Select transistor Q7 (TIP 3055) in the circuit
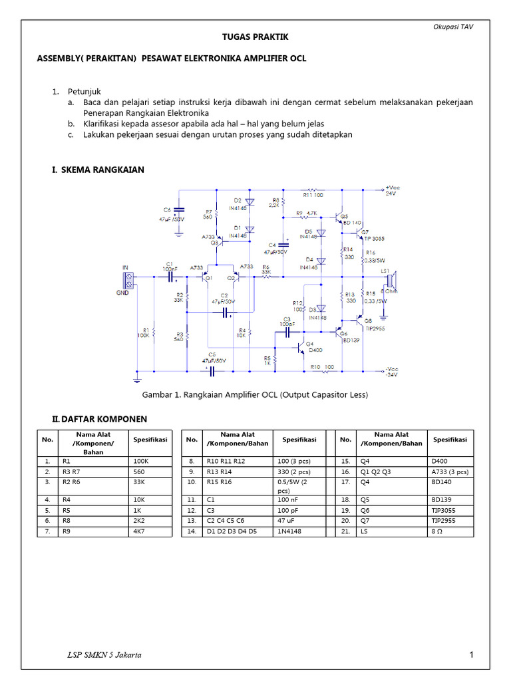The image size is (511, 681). click(361, 234)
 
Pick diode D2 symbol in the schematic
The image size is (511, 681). click(250, 201)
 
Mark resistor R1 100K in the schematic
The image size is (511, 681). click(154, 331)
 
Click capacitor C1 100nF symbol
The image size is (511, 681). click(170, 274)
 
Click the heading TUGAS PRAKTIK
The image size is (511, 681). click(255, 37)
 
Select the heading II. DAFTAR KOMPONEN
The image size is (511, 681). click(99, 419)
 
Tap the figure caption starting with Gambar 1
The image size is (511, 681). click(255, 394)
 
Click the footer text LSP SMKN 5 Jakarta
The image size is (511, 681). click(104, 655)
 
